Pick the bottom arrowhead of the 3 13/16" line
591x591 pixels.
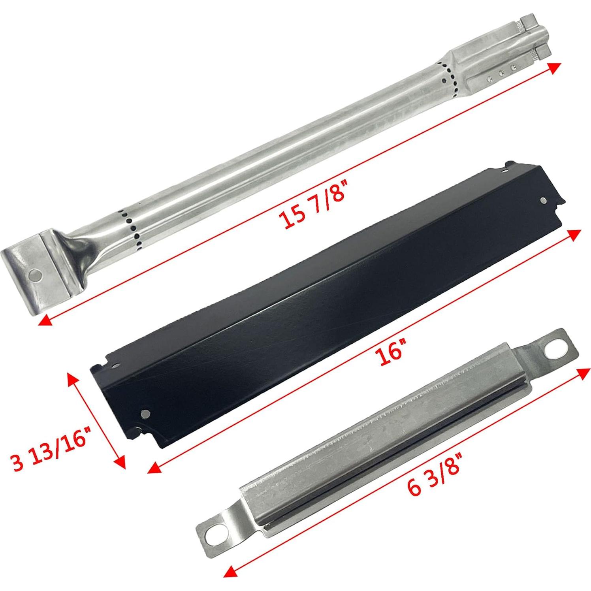click(x=120, y=462)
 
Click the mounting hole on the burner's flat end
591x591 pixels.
click(x=36, y=274)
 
